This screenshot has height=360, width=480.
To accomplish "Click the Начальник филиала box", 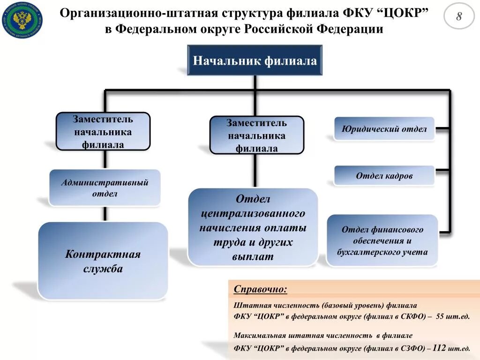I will pos(255,60).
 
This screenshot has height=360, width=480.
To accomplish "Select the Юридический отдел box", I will pos(384,129).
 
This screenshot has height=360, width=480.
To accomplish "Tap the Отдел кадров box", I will pos(384,176).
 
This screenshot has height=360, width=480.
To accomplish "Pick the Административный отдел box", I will pos(105,187).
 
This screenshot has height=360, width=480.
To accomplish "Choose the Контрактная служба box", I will pos(103,261).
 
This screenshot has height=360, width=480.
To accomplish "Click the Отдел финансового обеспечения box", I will pos(382,240).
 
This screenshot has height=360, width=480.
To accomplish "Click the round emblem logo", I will pos(22,20).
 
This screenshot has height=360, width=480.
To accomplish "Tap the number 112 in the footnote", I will pos(439,348).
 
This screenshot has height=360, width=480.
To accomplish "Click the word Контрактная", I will pos(103,255).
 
